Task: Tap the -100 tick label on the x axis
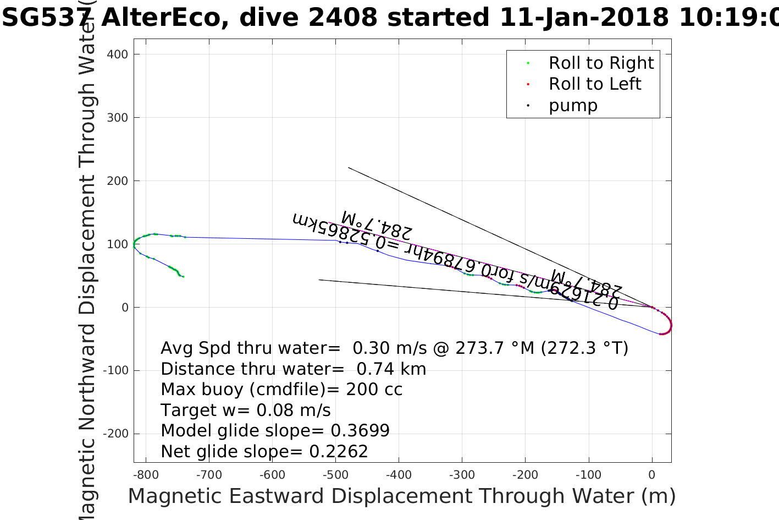click(589, 475)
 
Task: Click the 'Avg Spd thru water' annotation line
click(394, 348)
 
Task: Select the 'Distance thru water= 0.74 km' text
click(293, 369)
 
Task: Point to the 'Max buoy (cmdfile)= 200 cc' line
click(281, 390)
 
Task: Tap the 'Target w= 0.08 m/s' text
click(246, 410)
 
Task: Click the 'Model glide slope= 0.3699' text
click(275, 431)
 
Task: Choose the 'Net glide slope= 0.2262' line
click(264, 452)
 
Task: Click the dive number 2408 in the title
click(342, 18)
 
